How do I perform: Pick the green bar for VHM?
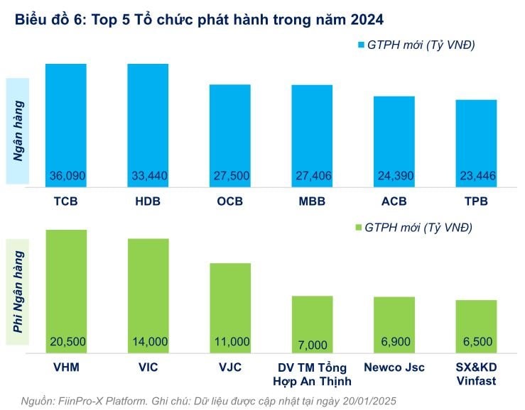pyautogui.click(x=66, y=284)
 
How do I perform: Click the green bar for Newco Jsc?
pyautogui.click(x=394, y=319)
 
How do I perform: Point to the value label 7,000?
pyautogui.click(x=312, y=345)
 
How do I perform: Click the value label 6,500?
pyautogui.click(x=476, y=342)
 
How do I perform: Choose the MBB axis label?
pyautogui.click(x=311, y=201)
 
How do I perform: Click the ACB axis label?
pyautogui.click(x=394, y=201)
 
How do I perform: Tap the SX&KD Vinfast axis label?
pyautogui.click(x=476, y=374)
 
